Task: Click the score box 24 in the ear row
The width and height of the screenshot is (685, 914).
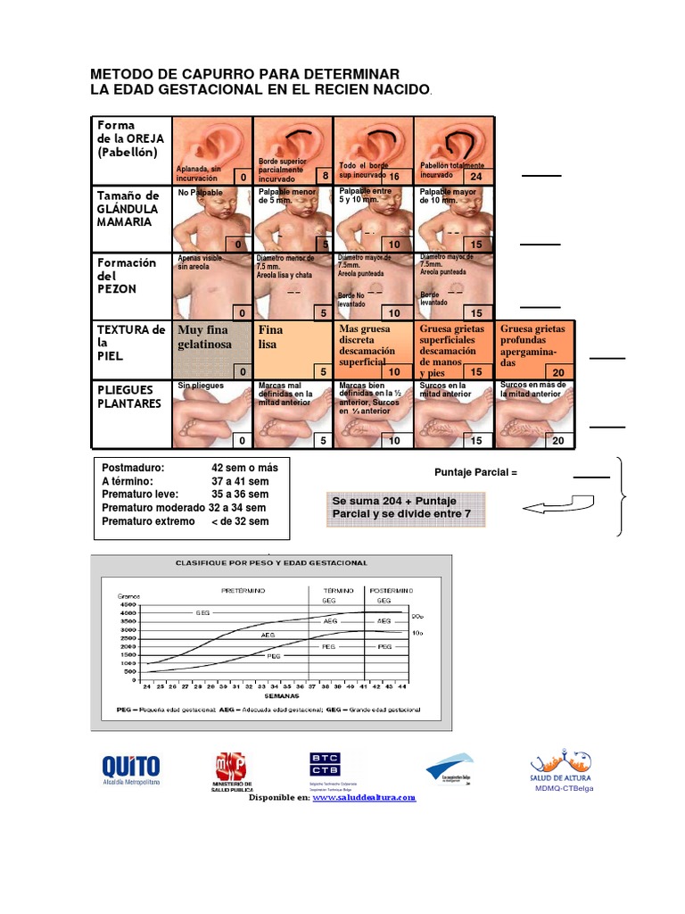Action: (x=475, y=176)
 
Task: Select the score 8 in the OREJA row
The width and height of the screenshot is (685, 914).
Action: (x=326, y=176)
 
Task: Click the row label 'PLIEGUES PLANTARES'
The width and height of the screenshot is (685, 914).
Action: (x=130, y=397)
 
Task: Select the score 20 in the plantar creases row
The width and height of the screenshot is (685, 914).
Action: (x=558, y=440)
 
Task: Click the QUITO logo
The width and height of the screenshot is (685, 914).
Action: (x=131, y=767)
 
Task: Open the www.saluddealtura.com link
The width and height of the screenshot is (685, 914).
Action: (x=364, y=798)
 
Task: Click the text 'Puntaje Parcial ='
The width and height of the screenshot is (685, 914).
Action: (x=476, y=470)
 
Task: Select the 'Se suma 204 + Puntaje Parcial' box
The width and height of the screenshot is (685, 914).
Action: (x=406, y=509)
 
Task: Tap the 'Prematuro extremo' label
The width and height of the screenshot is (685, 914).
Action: (x=148, y=521)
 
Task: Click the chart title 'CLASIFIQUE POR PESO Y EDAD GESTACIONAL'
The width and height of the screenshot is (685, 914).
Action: (x=272, y=564)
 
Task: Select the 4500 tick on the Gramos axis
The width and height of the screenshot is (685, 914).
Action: (x=128, y=605)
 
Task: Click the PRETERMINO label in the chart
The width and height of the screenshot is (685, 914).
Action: (x=243, y=590)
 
